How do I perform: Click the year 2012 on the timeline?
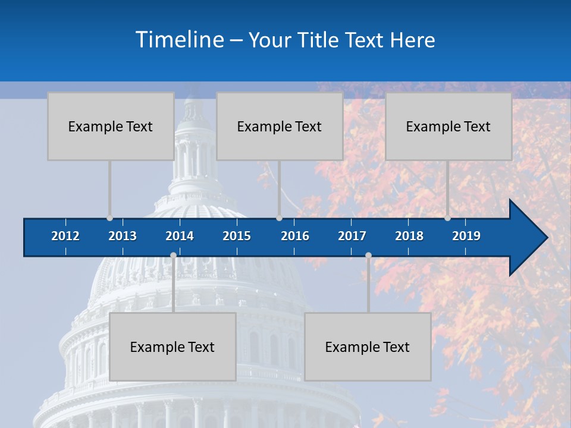pos(65,236)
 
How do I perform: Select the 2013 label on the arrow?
pos(123,236)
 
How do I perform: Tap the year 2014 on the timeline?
pos(180,236)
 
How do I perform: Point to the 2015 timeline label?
pos(237,236)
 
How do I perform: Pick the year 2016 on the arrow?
pos(295,236)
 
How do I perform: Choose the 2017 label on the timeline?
pos(352,236)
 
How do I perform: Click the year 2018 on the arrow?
pos(409,236)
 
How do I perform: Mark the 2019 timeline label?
pos(466,236)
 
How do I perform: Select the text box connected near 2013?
pos(111,126)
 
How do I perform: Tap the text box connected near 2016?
pos(280,126)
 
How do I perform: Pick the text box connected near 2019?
pos(448,126)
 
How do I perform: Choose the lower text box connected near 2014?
pos(172,347)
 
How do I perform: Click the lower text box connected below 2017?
pos(368,347)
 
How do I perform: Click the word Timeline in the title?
pos(180,39)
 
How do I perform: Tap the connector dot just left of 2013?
pos(109,218)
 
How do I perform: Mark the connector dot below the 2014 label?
pos(173,256)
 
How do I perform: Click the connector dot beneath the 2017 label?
pos(368,256)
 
